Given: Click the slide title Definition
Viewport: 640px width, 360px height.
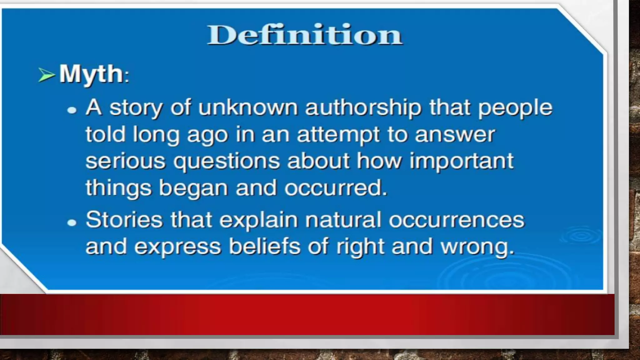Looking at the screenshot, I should tap(305, 35).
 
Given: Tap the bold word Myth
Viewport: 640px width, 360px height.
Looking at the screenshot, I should tap(91, 74).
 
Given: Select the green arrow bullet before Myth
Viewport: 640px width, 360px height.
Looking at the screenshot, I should tap(46, 75).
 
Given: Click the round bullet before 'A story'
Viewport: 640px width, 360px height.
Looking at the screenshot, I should tap(72, 110).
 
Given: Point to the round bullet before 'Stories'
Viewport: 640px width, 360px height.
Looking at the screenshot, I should tap(72, 222).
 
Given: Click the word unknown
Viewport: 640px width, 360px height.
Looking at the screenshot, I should tap(248, 108).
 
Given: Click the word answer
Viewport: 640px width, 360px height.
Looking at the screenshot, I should tap(455, 135).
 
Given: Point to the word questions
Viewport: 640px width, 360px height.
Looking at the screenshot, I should tap(227, 162).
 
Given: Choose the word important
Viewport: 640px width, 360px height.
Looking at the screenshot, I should tap(461, 162).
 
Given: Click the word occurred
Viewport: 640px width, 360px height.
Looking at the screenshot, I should tap(336, 188).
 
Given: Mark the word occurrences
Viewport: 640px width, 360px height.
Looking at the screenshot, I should tap(456, 220).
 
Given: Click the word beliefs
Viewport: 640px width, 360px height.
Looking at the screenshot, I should tap(265, 247).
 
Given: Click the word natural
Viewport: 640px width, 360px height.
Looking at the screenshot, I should tap(343, 220).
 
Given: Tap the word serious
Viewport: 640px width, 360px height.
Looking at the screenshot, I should tap(125, 162).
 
